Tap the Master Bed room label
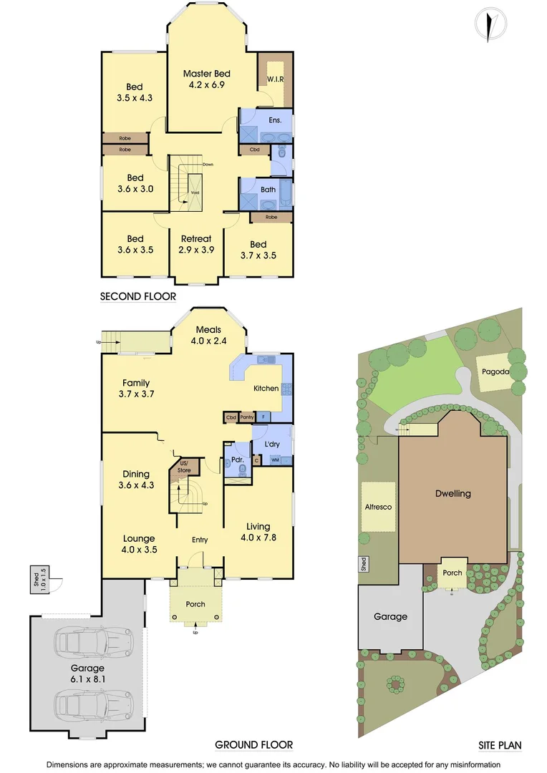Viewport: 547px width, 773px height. [206, 79]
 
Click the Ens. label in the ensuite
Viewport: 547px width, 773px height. [276, 121]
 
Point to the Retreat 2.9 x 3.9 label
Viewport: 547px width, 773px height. [195, 244]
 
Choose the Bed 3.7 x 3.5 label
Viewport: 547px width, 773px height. [258, 249]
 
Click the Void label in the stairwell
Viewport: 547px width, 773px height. [195, 193]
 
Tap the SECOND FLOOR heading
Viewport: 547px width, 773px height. [137, 296]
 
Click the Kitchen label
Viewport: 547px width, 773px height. [266, 388]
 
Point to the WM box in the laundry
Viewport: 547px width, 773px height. [274, 460]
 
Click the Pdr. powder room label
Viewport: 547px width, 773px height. [235, 460]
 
